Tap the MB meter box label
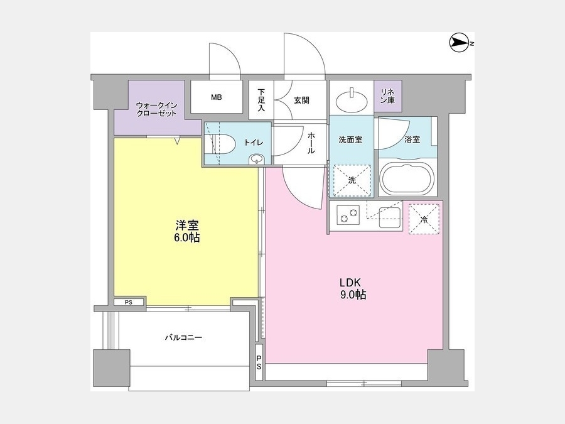point(217,97)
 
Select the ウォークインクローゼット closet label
point(157,109)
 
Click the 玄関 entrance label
point(301,101)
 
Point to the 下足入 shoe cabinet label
point(261,100)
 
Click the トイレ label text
point(254,143)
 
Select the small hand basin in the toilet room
point(257,159)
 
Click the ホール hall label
point(311,143)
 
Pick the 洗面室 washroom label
point(350,140)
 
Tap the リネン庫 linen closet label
point(388,96)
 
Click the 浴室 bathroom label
point(412,139)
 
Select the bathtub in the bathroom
point(408,180)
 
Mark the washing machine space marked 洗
point(352,180)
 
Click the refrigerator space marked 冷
point(424,219)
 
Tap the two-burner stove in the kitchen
point(348,215)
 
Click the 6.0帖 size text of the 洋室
point(186,238)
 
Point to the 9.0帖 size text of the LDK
point(353,295)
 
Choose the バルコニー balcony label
point(183,338)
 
